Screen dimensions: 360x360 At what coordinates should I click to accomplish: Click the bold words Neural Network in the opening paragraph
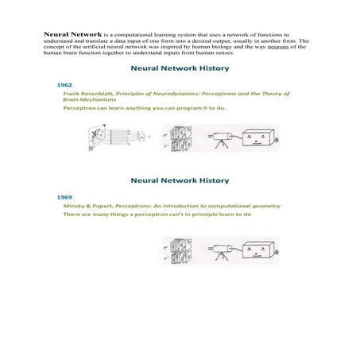tap(68, 36)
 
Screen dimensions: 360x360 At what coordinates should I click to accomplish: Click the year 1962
tap(64, 83)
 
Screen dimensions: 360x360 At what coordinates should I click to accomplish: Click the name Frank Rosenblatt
tap(89, 94)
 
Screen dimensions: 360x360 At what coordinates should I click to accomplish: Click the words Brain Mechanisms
tap(86, 100)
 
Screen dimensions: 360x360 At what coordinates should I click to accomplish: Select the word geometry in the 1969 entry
tap(263, 205)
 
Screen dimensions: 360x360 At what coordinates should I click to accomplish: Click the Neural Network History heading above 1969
tap(179, 181)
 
